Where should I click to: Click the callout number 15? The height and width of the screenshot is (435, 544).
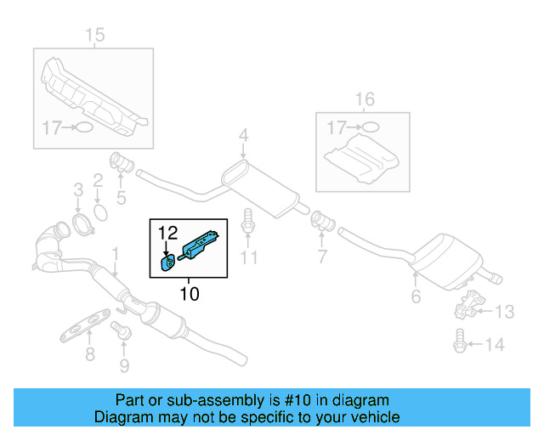94,35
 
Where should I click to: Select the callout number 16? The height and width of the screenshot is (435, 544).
364,100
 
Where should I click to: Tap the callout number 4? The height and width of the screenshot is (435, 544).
243,135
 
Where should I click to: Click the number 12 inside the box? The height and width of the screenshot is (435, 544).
167,231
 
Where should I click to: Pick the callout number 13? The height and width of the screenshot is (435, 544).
504,313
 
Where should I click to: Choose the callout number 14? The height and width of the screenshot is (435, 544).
495,344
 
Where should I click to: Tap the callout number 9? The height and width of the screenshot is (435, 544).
124,366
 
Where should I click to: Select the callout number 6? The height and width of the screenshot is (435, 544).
416,297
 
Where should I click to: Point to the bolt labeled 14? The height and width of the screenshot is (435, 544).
460,343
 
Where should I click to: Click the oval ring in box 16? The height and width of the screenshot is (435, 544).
370,128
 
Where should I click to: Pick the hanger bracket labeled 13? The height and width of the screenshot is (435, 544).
467,304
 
